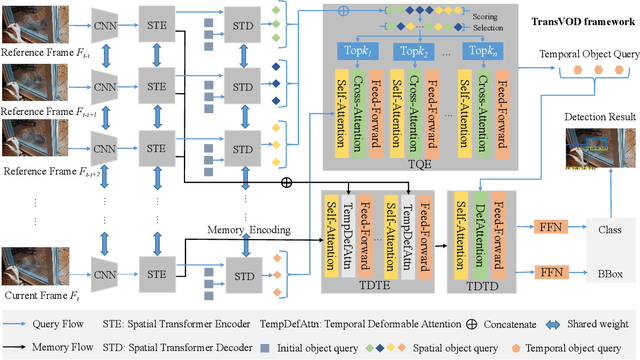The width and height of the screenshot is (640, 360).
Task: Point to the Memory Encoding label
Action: [250, 231]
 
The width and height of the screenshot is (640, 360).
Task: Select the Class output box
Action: [609, 228]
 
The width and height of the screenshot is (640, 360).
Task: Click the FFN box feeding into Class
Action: [551, 228]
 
